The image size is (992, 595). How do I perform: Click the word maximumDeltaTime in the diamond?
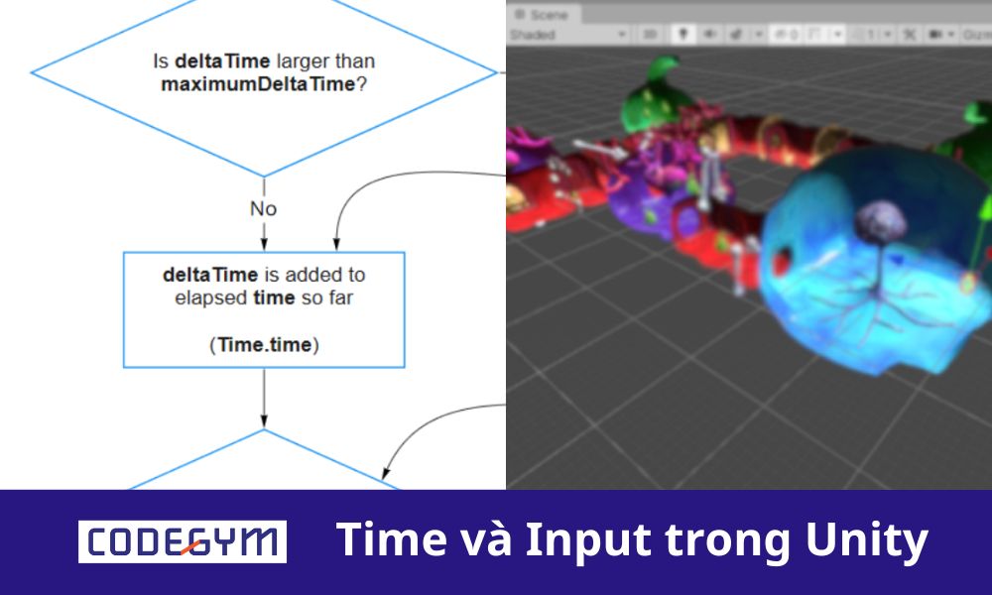pyautogui.click(x=257, y=84)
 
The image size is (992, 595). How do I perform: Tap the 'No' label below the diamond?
pyautogui.click(x=263, y=209)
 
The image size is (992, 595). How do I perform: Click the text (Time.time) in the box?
pyautogui.click(x=263, y=344)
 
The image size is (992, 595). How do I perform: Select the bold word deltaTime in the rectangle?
pyautogui.click(x=210, y=274)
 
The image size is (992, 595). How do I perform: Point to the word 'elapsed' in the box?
pyautogui.click(x=205, y=297)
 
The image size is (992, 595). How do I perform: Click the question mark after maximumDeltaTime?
pyautogui.click(x=360, y=84)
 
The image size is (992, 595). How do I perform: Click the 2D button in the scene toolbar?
pyautogui.click(x=650, y=34)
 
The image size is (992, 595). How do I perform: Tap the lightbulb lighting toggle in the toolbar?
pyautogui.click(x=683, y=34)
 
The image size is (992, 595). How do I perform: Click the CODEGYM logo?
pyautogui.click(x=183, y=541)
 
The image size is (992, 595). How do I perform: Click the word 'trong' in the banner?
pyautogui.click(x=723, y=540)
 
